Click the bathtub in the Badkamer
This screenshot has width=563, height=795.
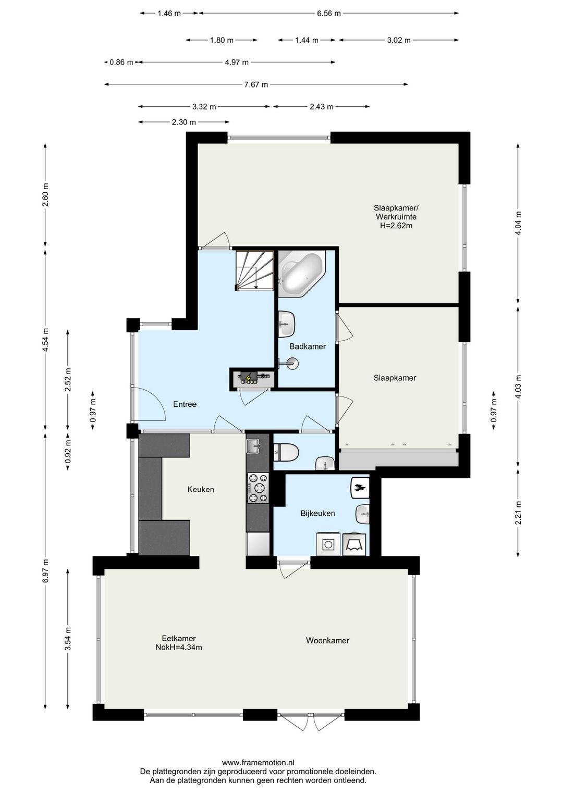(301, 274)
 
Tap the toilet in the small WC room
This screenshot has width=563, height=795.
(286, 452)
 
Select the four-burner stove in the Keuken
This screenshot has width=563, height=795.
(258, 488)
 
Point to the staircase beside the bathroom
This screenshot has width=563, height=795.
(254, 270)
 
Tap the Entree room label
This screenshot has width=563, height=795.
(185, 404)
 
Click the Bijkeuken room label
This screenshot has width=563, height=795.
(317, 513)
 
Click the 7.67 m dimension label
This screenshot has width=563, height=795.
(256, 84)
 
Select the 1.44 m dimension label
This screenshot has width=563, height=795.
(307, 40)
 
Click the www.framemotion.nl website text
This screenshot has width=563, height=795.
(258, 761)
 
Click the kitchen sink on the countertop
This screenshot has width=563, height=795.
(253, 446)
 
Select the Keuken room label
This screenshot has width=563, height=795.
(201, 489)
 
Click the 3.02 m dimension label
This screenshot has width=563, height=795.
(399, 40)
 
